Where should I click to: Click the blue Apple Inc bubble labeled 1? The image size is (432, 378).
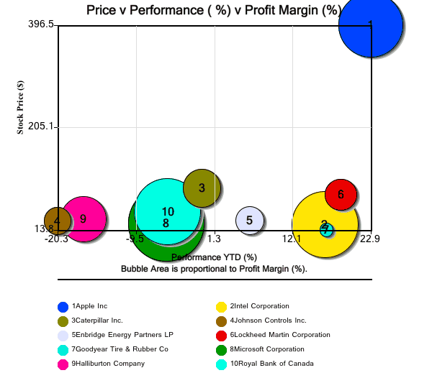[x=370, y=25]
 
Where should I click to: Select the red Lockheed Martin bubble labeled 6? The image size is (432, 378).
[x=341, y=193]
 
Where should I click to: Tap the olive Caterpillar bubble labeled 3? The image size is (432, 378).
[x=202, y=188]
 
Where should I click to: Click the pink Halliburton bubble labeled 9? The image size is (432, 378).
[x=84, y=218]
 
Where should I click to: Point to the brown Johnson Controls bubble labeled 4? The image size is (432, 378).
[x=57, y=221]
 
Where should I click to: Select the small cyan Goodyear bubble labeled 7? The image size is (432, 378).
[x=326, y=230]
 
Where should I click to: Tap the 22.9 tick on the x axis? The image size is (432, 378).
[x=370, y=239]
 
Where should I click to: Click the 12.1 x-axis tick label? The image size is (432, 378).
[x=292, y=239]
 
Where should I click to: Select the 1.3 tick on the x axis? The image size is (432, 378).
[x=214, y=239]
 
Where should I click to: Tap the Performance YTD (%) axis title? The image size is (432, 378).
[x=214, y=257]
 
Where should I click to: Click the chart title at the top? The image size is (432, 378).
[x=214, y=10]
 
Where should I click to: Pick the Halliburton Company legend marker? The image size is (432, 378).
[x=63, y=364]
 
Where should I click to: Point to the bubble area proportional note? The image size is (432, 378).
[x=214, y=269]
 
